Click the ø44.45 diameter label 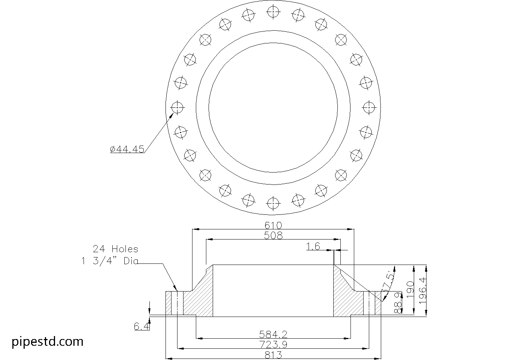127,149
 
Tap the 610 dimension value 273,225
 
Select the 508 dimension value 273,235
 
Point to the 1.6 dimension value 313,246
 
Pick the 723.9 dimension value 273,344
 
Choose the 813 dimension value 273,355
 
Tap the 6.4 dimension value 142,327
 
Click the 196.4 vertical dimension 423,290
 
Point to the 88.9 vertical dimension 398,303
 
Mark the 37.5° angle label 388,283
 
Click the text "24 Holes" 115,249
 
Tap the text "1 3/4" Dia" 109,261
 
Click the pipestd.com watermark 48,342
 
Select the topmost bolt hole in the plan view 273,12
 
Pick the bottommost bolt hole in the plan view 273,203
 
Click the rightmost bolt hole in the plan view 369,108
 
